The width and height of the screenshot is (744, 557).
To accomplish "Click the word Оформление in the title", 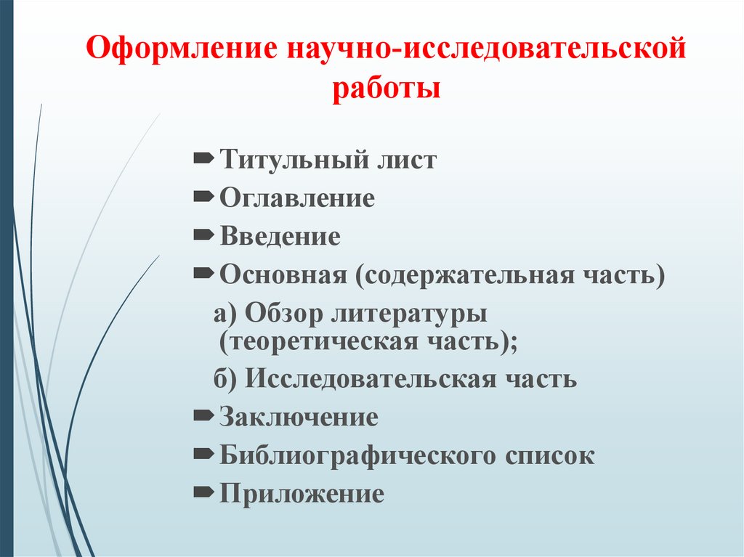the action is (x=182, y=49).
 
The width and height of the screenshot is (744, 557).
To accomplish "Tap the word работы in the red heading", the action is (x=387, y=89).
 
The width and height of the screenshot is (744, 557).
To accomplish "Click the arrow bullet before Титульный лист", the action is (x=203, y=158).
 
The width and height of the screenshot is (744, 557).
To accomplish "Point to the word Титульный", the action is (x=294, y=160).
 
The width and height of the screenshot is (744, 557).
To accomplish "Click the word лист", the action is (x=407, y=160).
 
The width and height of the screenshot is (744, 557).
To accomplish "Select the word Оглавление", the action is (x=297, y=198).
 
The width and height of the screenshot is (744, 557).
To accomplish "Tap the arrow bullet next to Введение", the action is (x=203, y=235).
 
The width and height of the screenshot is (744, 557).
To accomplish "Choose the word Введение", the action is (x=280, y=236).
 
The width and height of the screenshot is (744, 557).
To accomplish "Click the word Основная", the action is (x=283, y=275).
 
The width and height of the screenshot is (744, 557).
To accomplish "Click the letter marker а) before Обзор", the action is (x=225, y=314).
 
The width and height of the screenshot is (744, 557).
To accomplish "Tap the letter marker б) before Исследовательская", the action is (x=225, y=378).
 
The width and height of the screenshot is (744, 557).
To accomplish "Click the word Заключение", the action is (x=299, y=417).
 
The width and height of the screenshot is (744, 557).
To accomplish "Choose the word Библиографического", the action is (x=357, y=456).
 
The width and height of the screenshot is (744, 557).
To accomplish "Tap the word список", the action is (x=549, y=456).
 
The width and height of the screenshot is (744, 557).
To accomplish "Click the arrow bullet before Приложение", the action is (x=203, y=492).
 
